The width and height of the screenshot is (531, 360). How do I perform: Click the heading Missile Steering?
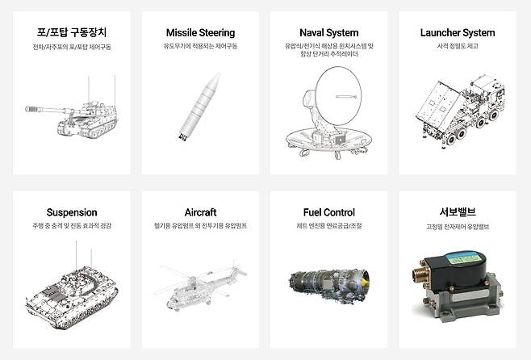[x=200, y=33]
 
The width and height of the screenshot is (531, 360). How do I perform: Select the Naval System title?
[x=328, y=33]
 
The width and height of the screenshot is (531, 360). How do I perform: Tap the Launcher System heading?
[x=458, y=33]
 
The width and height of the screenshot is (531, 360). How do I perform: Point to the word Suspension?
[x=72, y=212]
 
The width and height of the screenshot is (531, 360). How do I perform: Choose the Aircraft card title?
[x=200, y=212]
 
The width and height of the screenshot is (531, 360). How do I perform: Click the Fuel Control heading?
[x=328, y=212]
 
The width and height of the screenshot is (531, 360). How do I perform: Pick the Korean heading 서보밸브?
[x=458, y=212]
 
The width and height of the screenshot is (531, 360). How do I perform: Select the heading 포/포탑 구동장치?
[x=72, y=32]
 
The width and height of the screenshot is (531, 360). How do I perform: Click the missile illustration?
[x=200, y=107]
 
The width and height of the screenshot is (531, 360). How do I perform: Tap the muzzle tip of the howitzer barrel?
[x=27, y=109]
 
